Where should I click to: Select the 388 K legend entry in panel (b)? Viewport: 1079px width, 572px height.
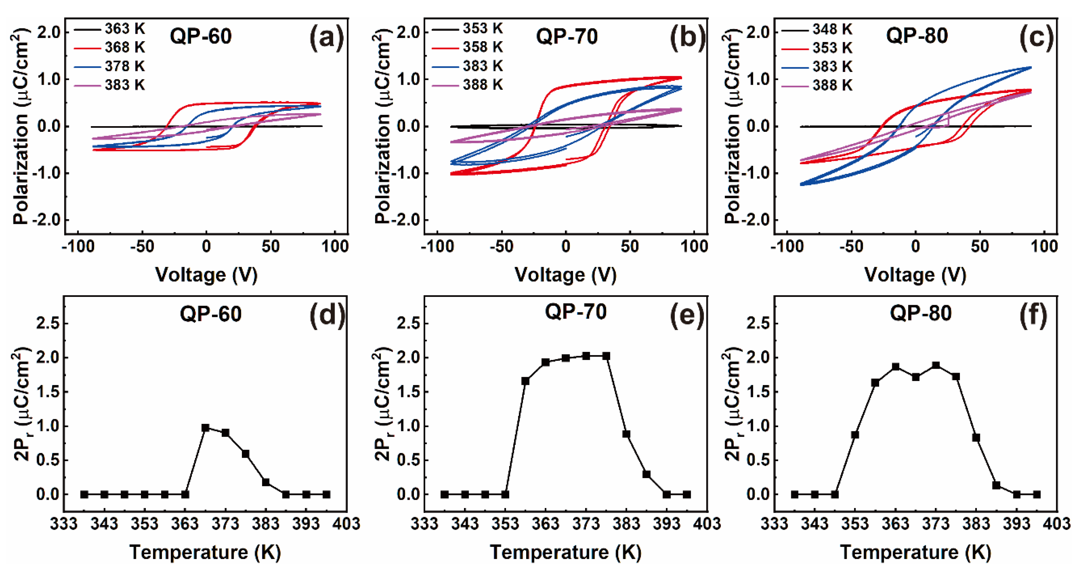(x=467, y=85)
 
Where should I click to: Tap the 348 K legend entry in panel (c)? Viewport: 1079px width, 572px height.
(x=817, y=29)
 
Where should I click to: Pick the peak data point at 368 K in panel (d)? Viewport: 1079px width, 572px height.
(x=205, y=428)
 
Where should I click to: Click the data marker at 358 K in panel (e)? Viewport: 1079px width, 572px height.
(x=525, y=381)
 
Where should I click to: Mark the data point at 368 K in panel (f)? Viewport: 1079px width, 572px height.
(x=916, y=377)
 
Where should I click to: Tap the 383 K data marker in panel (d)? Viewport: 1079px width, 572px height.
(x=266, y=482)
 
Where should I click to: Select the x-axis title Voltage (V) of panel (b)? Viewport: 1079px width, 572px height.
(x=566, y=275)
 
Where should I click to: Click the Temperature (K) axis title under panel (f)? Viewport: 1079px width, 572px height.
(x=916, y=552)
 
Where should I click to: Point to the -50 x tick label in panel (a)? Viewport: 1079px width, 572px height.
(x=142, y=246)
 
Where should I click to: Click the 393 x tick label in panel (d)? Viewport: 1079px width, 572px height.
(x=306, y=523)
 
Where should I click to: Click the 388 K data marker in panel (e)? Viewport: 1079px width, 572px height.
(x=646, y=474)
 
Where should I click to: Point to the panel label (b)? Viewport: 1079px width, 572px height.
(x=688, y=38)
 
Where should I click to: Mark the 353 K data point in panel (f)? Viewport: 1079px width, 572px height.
(x=855, y=435)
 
